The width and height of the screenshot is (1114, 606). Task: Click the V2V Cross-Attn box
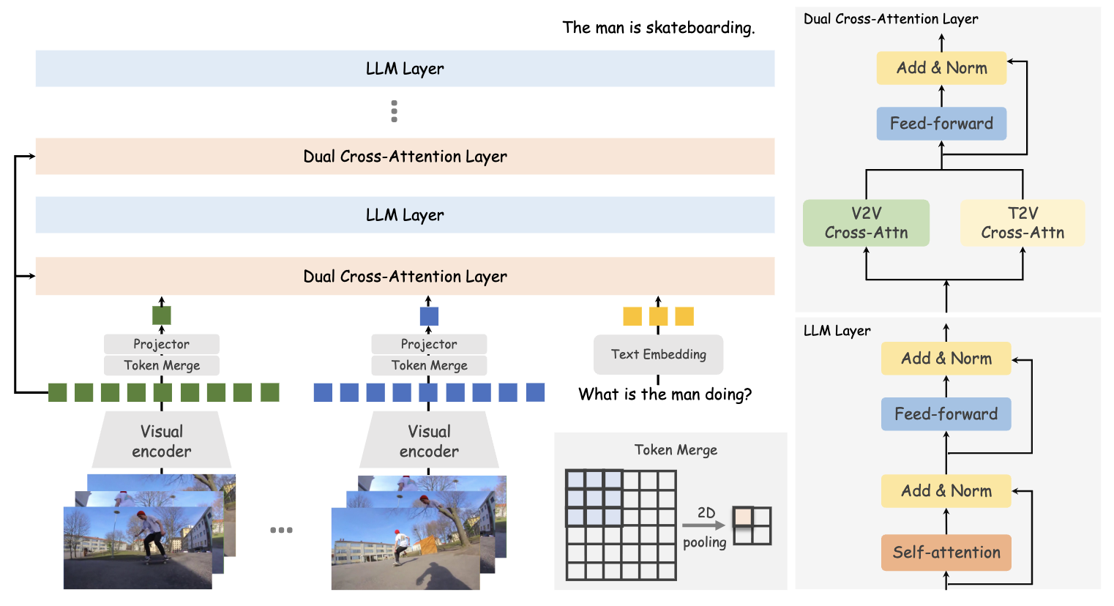coord(866,223)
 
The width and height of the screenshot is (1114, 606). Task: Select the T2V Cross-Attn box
coord(1023,223)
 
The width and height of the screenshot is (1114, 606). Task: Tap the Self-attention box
coord(946,553)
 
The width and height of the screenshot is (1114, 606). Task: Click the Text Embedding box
coord(658,355)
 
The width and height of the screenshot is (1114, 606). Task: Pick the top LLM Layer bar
coord(405,69)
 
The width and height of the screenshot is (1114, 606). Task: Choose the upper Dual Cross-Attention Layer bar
coord(405,157)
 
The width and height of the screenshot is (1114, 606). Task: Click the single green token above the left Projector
coord(162,315)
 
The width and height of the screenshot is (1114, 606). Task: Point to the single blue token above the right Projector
coord(429,316)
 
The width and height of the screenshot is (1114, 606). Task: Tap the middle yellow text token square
coord(658,316)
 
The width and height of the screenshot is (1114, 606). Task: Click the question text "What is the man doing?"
coord(665,394)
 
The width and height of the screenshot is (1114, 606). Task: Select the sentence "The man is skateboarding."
coord(658,28)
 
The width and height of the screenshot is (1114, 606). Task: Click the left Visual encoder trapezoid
coord(162,441)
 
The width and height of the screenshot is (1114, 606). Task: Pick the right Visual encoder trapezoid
coord(429,441)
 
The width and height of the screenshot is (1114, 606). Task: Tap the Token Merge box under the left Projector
coord(162,365)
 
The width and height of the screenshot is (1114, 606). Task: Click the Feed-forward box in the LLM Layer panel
coord(946,414)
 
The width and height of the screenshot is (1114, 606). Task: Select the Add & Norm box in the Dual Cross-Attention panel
coord(941,68)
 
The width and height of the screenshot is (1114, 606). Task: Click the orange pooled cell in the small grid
coord(743,517)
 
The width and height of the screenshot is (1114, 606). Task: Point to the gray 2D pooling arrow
coord(703,525)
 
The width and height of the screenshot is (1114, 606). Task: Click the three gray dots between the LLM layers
coord(395,111)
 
